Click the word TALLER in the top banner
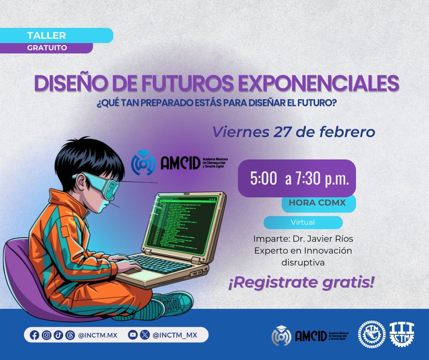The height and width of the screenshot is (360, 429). click(46, 36)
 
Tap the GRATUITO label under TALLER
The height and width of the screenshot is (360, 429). click(46, 48)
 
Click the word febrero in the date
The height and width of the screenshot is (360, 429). click(347, 132)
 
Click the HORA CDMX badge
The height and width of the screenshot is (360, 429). click(319, 203)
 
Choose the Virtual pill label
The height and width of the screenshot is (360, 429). click(303, 222)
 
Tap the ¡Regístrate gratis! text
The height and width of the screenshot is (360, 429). click(301, 282)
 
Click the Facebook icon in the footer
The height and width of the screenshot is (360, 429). click(35, 335)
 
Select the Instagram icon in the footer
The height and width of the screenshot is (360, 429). click(47, 335)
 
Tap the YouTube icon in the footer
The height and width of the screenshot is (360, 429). click(133, 335)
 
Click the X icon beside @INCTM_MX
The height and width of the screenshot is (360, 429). click(145, 335)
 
